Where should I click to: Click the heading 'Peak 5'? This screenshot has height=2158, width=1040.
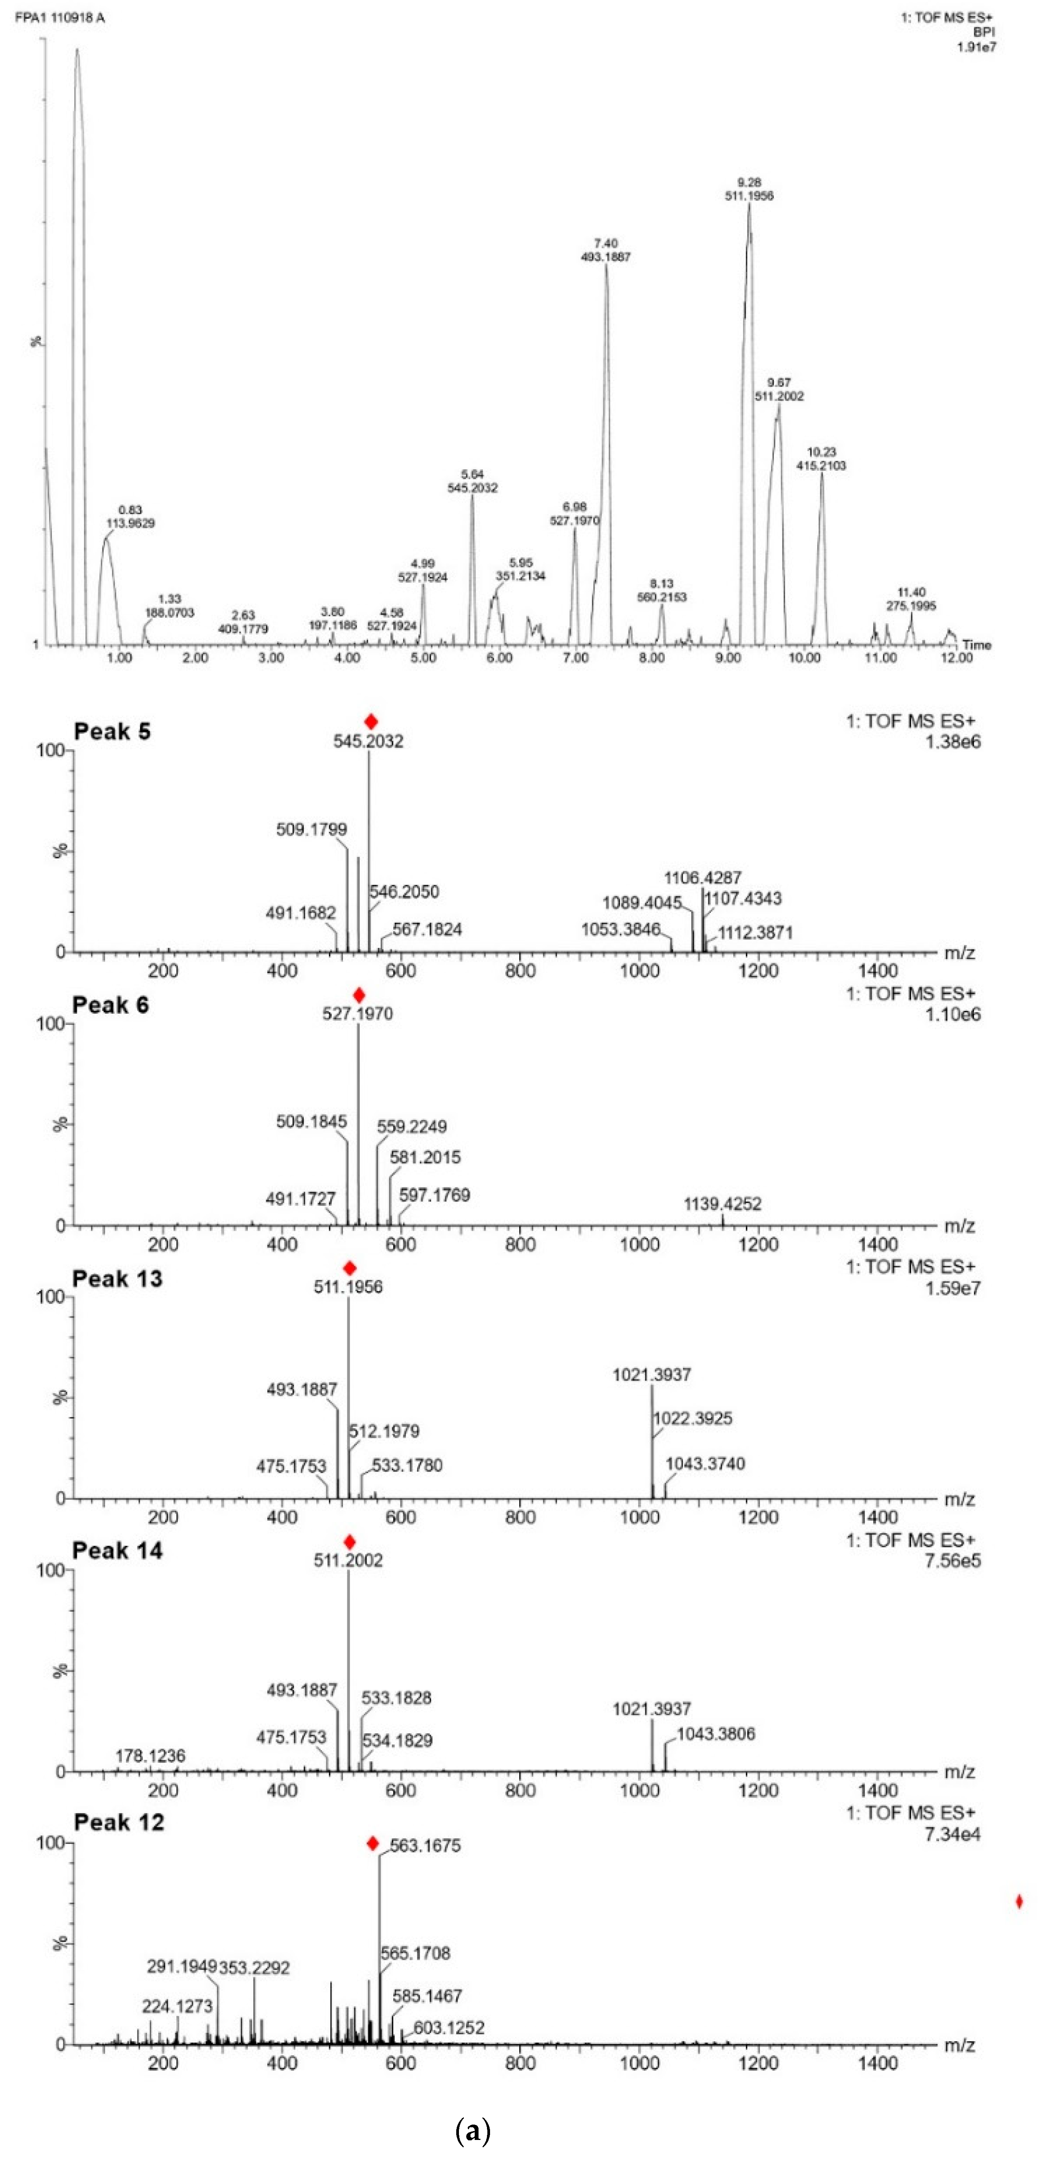112,731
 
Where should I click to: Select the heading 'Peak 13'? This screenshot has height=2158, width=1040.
117,1278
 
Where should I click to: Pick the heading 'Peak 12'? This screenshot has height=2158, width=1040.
119,1822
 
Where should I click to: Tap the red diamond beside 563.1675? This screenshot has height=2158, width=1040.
373,1843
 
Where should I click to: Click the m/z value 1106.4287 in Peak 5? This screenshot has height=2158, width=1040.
702,878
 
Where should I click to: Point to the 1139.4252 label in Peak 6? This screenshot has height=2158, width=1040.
722,1204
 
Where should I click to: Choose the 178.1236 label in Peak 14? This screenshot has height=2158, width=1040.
150,1755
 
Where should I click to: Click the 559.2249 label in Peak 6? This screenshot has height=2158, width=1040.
411,1127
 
